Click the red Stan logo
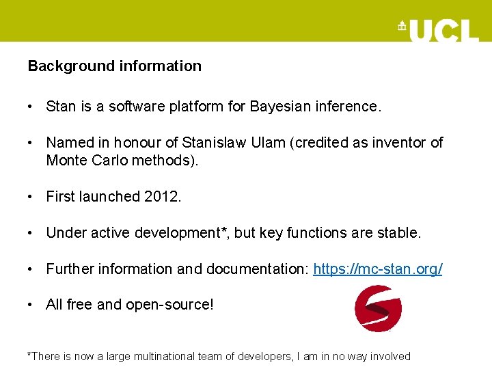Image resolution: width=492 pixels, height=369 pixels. click(378, 308)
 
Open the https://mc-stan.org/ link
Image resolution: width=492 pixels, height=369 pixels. click(377, 269)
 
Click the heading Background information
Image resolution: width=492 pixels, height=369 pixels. click(114, 66)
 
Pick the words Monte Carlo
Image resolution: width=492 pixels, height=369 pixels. click(86, 160)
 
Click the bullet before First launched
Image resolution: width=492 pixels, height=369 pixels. click(31, 197)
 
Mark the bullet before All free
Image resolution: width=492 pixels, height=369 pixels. click(31, 305)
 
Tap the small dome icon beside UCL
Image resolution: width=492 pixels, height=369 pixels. click(402, 26)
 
